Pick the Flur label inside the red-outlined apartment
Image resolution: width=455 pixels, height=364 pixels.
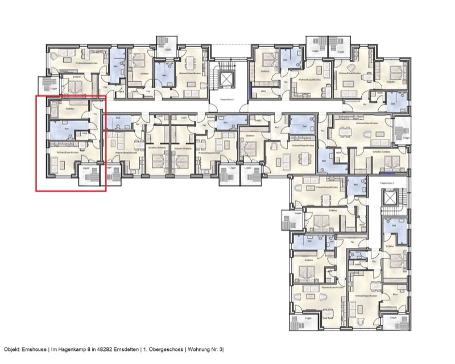click(x=95, y=114)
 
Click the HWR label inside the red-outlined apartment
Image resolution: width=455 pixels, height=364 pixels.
click(x=84, y=133)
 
